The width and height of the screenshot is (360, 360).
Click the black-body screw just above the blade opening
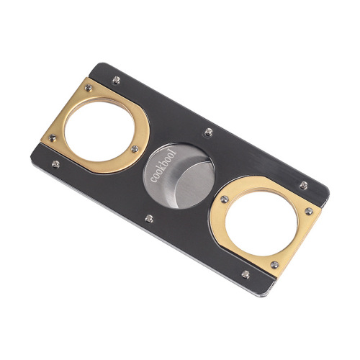tap(209, 132)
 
